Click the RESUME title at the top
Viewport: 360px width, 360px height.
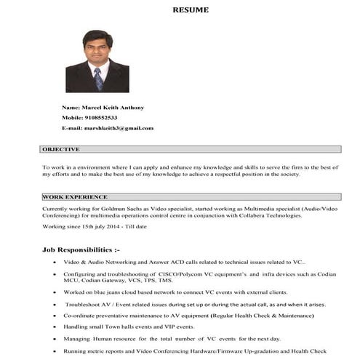(190, 10)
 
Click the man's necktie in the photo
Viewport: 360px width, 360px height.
(98, 78)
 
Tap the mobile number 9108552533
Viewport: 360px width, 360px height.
(100, 117)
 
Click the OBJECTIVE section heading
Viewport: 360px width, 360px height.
(61, 149)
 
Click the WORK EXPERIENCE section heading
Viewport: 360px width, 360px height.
(75, 196)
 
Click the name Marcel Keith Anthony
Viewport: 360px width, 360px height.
(113, 107)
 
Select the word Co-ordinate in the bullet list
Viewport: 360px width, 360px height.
(81, 316)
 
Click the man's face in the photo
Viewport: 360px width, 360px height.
(97, 49)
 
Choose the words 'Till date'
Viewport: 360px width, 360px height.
(135, 227)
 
